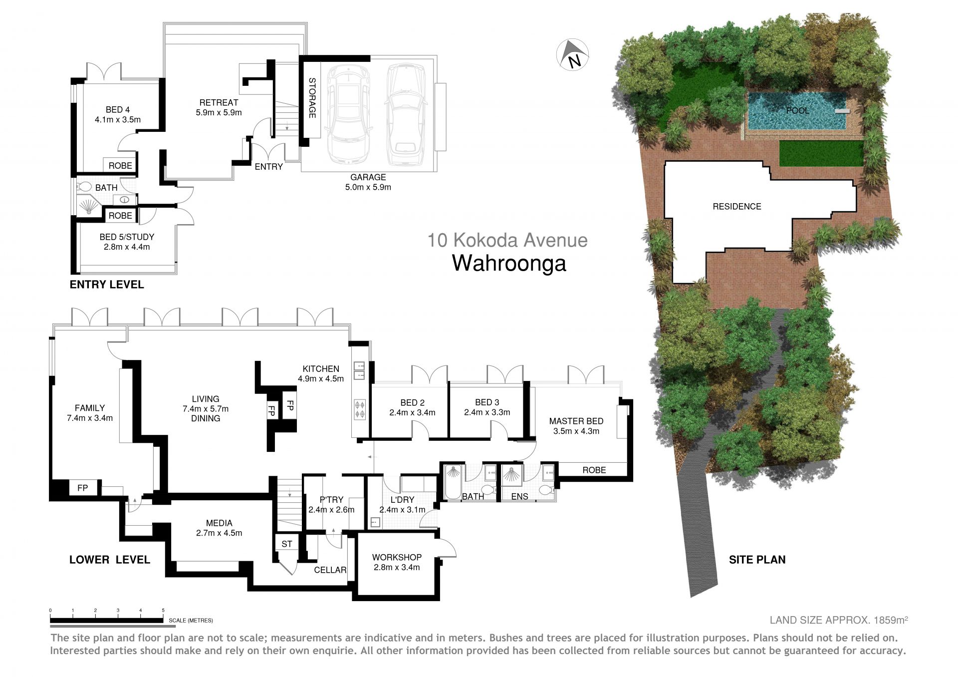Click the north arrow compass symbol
(572, 55)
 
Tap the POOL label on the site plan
(797, 110)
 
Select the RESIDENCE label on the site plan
(736, 206)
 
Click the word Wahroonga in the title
(509, 263)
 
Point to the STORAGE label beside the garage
(312, 98)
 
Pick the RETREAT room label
(219, 102)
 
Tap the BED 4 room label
(118, 109)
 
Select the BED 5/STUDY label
(127, 237)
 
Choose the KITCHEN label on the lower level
(321, 368)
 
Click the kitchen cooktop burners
(360, 409)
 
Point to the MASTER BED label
(576, 421)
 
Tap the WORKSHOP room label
(397, 557)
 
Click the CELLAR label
(330, 570)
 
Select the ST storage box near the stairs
(287, 544)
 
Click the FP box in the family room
(83, 488)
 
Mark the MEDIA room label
(219, 523)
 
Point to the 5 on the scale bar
(163, 610)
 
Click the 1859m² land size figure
(891, 620)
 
